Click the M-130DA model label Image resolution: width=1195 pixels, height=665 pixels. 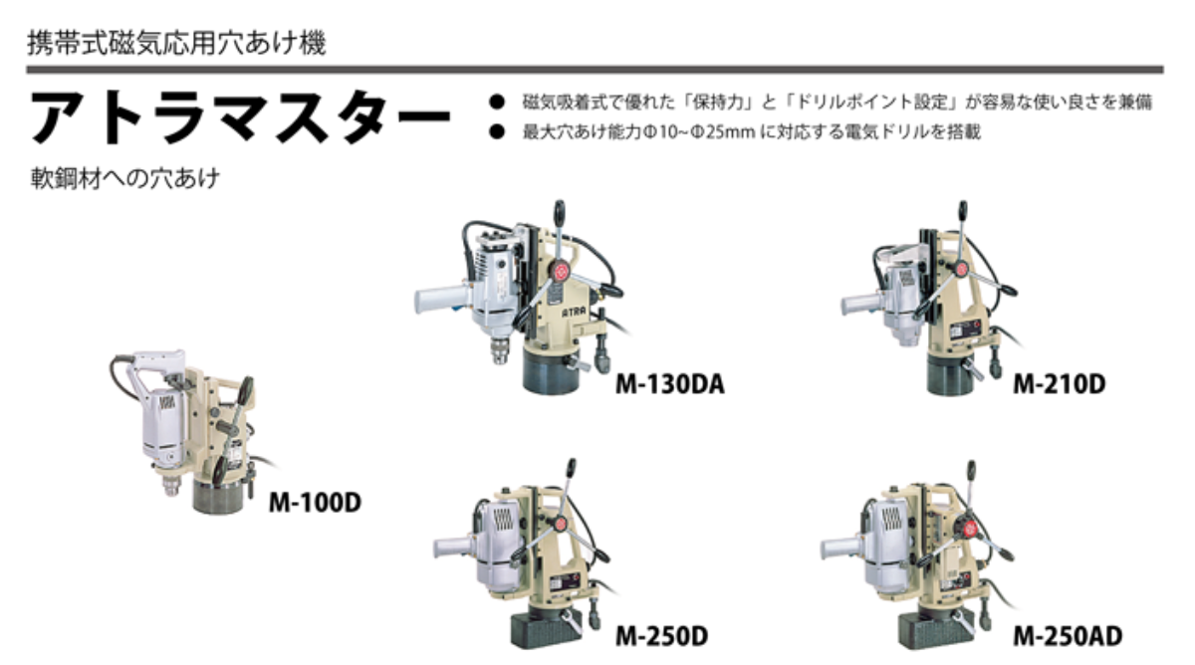click(x=670, y=384)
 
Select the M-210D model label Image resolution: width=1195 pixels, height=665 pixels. click(x=1060, y=384)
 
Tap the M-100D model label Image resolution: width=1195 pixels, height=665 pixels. click(x=315, y=503)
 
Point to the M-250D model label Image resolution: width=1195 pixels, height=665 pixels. click(x=662, y=636)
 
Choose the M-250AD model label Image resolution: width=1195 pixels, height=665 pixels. click(x=1068, y=636)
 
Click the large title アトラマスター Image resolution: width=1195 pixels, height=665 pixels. click(x=240, y=116)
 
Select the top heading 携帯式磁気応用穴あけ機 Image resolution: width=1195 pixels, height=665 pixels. click(x=176, y=43)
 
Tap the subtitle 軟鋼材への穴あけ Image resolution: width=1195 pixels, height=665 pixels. click(x=125, y=178)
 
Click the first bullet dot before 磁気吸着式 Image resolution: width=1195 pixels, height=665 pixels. click(x=497, y=102)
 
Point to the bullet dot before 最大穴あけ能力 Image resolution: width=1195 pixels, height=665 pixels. click(x=497, y=131)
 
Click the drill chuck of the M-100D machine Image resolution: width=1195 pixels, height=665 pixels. click(x=171, y=485)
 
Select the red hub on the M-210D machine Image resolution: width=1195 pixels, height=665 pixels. click(x=961, y=270)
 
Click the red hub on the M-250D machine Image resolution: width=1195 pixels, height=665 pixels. click(x=560, y=525)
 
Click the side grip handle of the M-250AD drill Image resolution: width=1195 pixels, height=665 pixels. click(x=841, y=550)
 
